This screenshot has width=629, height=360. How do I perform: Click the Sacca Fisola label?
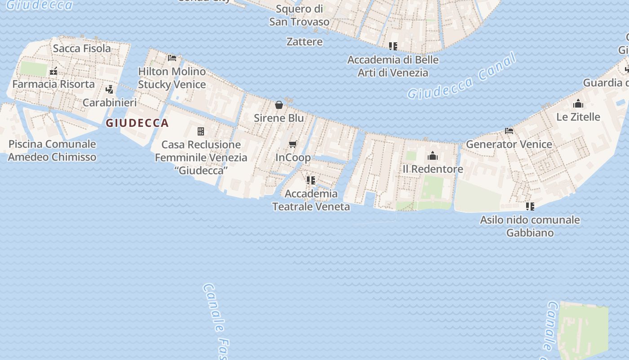tap(82, 48)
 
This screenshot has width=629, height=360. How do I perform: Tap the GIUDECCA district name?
tap(137, 123)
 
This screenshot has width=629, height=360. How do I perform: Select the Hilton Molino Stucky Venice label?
tap(172, 78)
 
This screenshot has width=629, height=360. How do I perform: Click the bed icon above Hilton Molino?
tap(172, 58)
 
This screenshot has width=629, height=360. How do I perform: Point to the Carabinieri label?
tap(110, 102)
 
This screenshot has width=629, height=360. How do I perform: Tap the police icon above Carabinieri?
tap(109, 89)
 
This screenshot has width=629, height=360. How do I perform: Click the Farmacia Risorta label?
tap(53, 84)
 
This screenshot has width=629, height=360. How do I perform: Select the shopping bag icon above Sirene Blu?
tap(279, 105)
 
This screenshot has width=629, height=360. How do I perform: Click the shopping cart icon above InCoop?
tap(293, 144)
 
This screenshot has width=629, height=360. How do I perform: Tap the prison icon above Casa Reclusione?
tap(201, 131)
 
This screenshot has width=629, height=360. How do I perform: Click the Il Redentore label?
tap(432, 169)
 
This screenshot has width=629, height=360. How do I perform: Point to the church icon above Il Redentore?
tap(433, 156)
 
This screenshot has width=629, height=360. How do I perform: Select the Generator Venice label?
tap(509, 144)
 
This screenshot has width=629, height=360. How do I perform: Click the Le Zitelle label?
tap(578, 117)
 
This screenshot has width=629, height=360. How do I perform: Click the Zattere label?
tap(305, 42)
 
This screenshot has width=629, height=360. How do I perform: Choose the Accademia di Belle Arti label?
tap(393, 66)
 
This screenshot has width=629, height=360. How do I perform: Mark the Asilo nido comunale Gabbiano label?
tap(530, 226)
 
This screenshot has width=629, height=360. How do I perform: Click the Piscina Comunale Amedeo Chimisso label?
tap(52, 150)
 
